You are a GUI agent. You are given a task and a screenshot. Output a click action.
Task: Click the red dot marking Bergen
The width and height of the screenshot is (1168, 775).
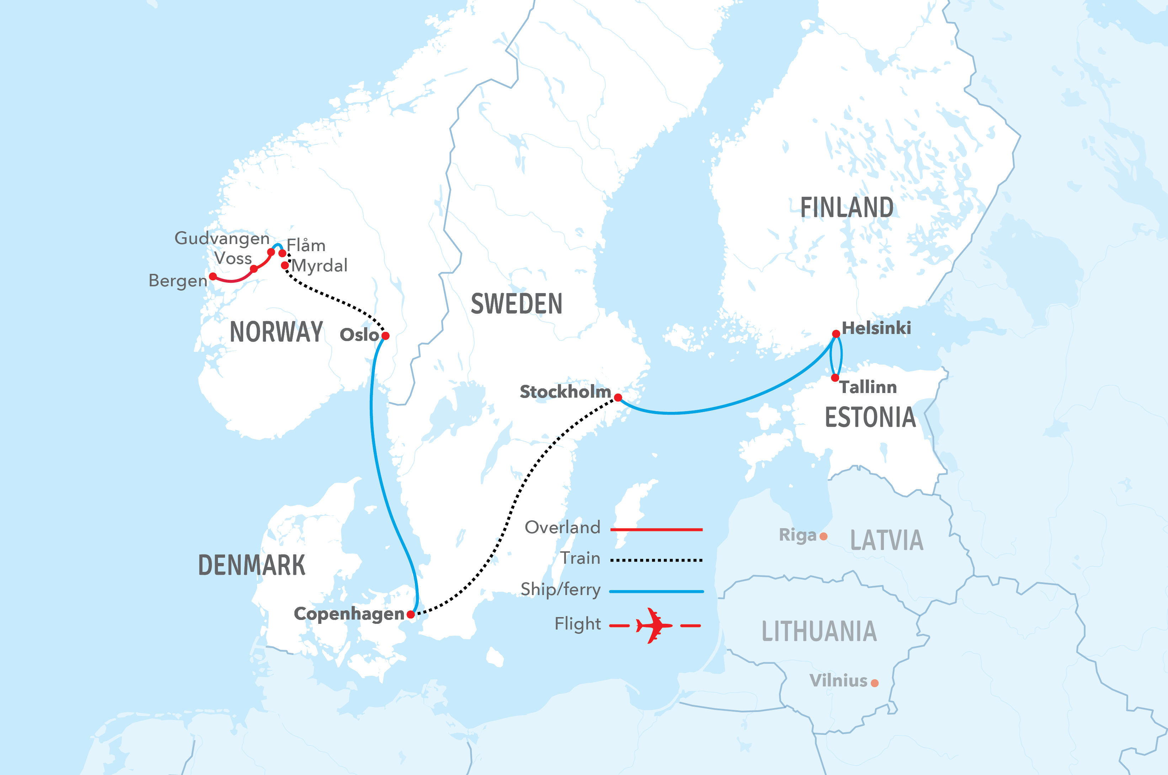coord(213,276)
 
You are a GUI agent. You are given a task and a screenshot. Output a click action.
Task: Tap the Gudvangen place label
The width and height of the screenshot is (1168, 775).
coord(222,238)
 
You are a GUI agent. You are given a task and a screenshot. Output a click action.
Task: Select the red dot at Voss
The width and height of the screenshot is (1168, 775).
coord(254,269)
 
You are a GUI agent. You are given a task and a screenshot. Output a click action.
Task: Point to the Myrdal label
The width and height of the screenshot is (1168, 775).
coord(320,266)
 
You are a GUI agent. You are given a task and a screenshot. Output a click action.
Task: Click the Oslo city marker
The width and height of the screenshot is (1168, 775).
coord(385,336)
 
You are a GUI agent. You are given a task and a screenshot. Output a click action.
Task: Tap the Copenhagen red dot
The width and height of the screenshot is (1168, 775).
coord(411,614)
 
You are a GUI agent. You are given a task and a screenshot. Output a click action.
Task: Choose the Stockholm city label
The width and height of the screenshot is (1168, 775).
coord(565,392)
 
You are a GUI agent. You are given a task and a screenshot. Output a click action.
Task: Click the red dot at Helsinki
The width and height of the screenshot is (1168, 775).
coord(836,334)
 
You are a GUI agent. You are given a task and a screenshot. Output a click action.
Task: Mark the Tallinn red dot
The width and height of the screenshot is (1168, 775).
coord(835,378)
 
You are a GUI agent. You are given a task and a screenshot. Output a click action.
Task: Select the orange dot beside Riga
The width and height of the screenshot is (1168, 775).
coord(823,536)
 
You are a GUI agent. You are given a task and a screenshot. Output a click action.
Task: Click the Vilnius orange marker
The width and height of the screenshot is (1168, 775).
coord(875,683)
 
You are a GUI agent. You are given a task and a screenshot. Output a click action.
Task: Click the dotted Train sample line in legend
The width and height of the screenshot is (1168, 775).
coord(656,560)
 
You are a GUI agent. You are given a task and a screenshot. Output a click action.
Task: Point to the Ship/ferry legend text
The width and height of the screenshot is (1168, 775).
coord(561,590)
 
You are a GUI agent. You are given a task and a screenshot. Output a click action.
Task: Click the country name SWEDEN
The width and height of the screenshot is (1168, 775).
coord(516,304)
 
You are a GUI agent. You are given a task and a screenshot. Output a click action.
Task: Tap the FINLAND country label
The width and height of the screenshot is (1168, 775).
coord(847,208)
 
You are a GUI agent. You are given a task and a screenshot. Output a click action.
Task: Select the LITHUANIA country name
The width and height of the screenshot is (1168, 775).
coord(819,632)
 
